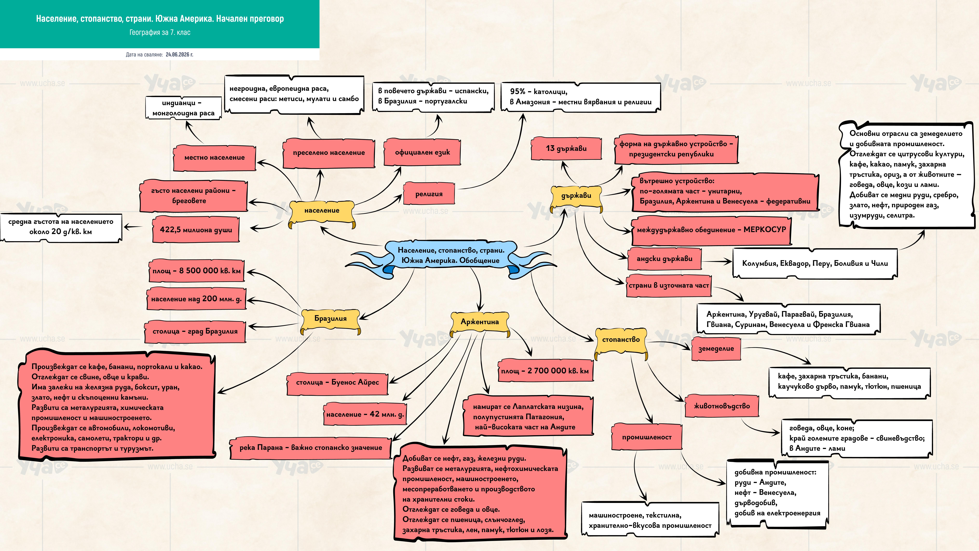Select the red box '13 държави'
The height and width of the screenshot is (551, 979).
[x=566, y=149]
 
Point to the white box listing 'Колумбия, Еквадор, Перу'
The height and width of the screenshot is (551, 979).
[x=815, y=263]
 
